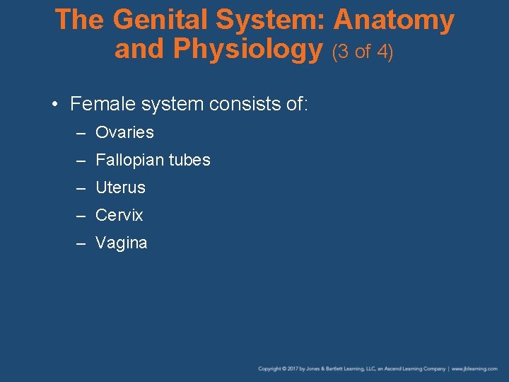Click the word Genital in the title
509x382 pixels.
click(x=163, y=20)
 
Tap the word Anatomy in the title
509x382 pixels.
click(x=394, y=20)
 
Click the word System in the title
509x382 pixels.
click(x=272, y=20)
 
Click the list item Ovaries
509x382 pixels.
click(x=124, y=132)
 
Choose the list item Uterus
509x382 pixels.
click(x=120, y=187)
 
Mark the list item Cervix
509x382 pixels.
click(x=119, y=215)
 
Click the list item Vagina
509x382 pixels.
click(x=122, y=243)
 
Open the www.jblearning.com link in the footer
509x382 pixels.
click(x=475, y=369)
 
